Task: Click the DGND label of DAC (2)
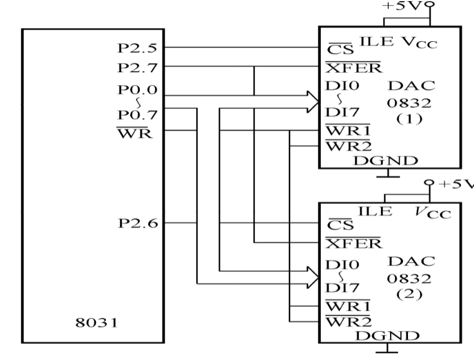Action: point(386,336)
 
